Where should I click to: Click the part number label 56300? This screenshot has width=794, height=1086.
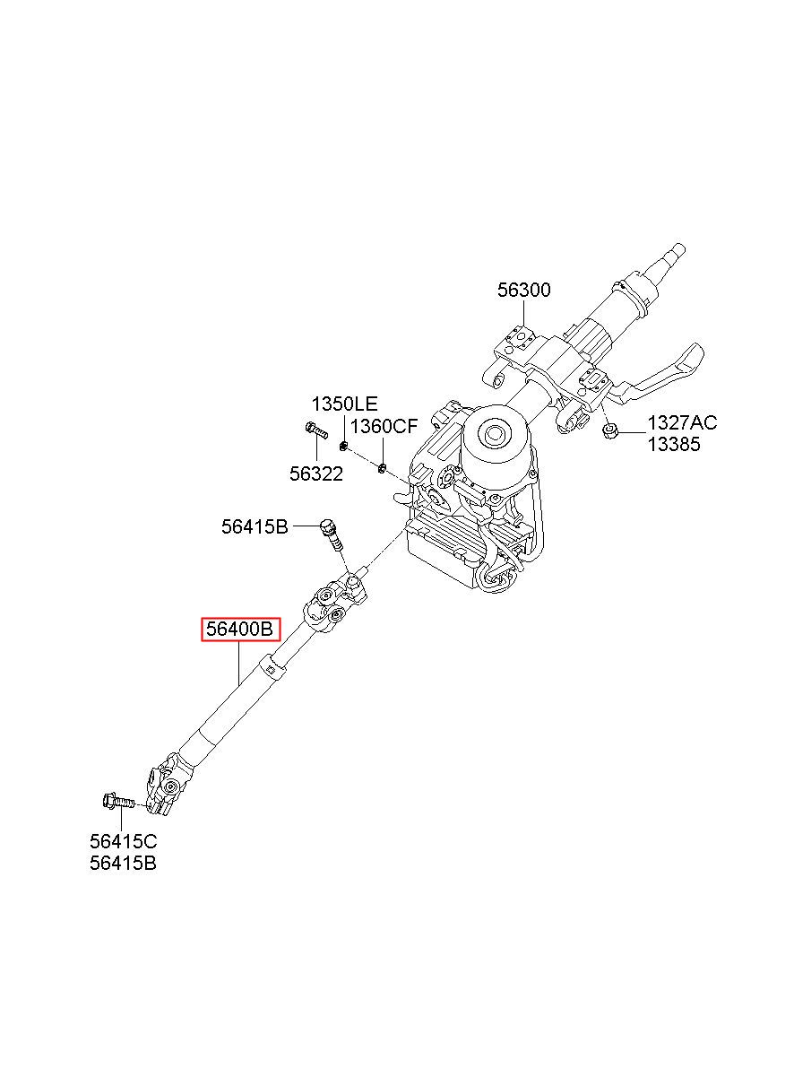(x=524, y=291)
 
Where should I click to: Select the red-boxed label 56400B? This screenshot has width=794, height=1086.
(x=240, y=630)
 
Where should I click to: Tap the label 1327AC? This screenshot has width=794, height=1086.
(x=682, y=423)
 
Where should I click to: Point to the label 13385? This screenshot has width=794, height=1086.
(x=674, y=445)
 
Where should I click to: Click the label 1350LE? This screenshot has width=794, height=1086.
(x=344, y=404)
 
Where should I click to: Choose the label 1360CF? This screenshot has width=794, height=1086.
(x=384, y=426)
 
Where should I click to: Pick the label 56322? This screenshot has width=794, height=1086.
(x=315, y=474)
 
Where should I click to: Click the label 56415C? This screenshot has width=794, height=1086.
(x=124, y=841)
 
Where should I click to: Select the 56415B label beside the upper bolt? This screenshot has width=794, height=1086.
(x=255, y=527)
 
